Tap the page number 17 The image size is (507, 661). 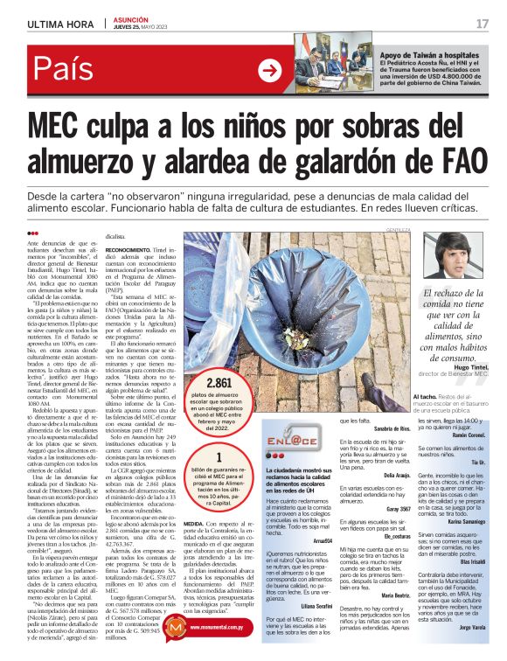pos(482,24)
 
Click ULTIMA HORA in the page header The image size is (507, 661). pos(59,24)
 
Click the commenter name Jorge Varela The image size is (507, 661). pos(470,627)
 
